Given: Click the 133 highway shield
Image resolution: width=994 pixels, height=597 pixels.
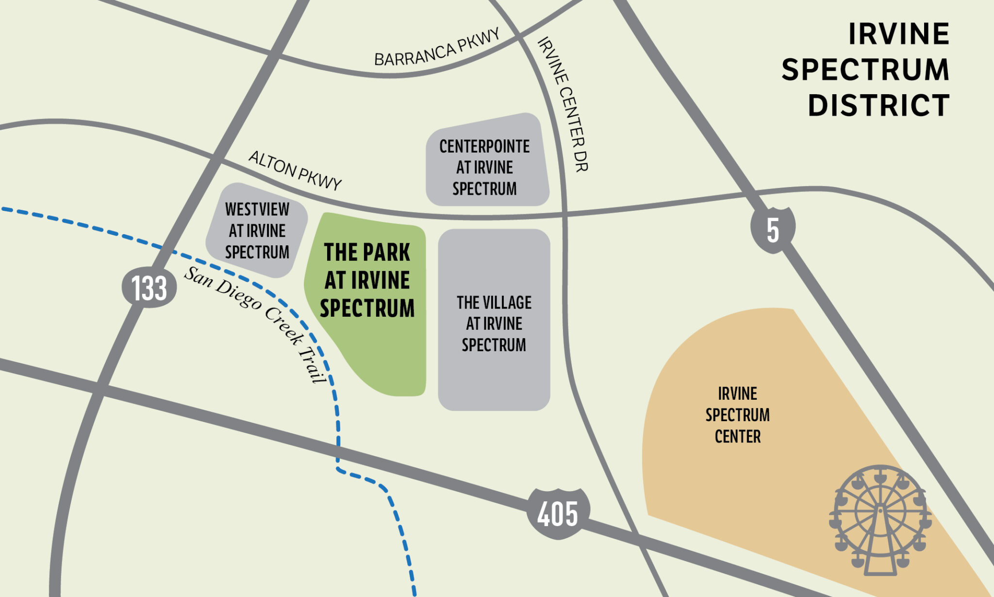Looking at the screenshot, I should coord(149,287).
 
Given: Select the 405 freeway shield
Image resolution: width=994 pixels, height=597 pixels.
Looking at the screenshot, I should coord(558,514).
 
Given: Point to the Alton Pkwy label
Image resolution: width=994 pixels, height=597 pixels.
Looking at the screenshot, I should coord(295,171).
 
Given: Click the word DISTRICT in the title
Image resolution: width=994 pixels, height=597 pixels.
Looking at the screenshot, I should coord(878,105).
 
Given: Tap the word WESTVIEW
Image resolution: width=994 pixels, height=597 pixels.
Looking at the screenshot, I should coord(257,209).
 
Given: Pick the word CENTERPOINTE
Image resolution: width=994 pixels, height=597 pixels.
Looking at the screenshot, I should coord(484,146).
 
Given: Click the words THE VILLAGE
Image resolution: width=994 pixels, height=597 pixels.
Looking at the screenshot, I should coord(494,303).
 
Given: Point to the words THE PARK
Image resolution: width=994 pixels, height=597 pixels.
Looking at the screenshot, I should coord(367,252).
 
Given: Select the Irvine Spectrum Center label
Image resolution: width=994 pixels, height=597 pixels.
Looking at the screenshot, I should coord(737,414).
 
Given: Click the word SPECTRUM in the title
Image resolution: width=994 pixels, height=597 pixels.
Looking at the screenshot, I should coord(865,69).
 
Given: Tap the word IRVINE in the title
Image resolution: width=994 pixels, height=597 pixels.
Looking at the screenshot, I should coord(898,34).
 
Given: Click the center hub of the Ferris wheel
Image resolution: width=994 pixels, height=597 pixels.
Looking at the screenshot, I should coord(880,511).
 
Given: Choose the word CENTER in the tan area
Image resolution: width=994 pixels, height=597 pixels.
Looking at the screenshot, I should coord(737,436).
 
